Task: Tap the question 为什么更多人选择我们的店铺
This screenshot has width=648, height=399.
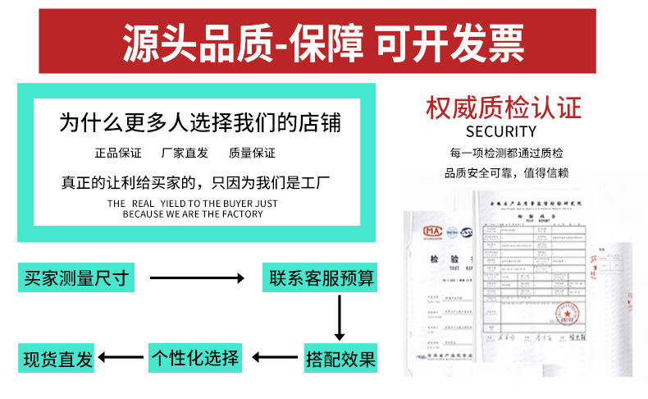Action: pos(199,124)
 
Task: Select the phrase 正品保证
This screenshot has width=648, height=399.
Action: pos(118,154)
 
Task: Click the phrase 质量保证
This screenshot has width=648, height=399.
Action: pos(252,154)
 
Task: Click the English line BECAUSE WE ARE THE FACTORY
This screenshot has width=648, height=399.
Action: pos(193,214)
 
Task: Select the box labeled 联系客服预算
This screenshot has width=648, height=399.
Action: pos(319,278)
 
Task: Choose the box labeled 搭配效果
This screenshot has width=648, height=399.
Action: pos(340,358)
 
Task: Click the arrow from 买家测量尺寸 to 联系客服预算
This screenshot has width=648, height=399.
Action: pos(197,278)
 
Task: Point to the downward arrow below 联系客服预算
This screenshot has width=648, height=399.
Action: pos(339,318)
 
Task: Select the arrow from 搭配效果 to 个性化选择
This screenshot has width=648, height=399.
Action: pos(275,358)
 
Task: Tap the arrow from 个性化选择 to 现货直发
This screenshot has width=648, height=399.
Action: pos(121,358)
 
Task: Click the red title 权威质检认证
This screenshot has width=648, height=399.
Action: pos(504,108)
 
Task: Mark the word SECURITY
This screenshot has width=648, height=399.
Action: pos(500,131)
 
